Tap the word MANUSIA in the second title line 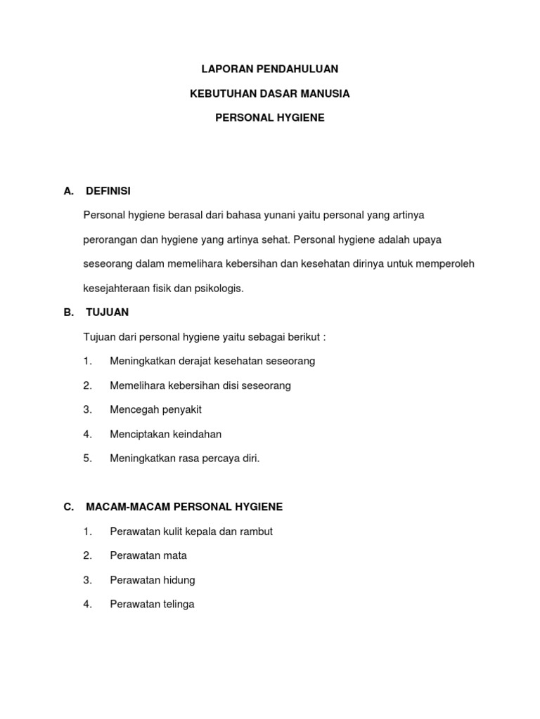coord(326,93)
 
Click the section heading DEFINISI coord(108,191)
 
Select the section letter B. coord(67,312)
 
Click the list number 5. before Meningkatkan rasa coord(87,459)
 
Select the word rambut coord(256,532)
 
